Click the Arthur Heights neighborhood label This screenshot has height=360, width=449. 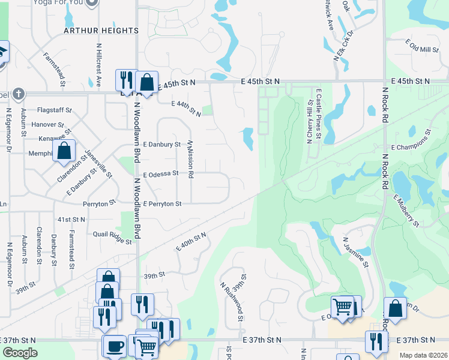click(101, 30)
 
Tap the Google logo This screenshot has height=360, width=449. click(20, 353)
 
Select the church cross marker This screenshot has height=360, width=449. click(18, 94)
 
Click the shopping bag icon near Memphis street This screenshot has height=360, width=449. click(65, 150)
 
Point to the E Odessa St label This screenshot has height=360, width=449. click(160, 173)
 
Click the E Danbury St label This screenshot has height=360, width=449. click(161, 145)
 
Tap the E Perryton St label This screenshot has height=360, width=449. click(162, 204)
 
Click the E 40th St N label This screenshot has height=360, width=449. click(191, 241)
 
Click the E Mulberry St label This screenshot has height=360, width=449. click(406, 211)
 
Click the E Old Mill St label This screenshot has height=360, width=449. click(423, 47)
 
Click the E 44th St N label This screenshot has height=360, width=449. click(185, 108)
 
